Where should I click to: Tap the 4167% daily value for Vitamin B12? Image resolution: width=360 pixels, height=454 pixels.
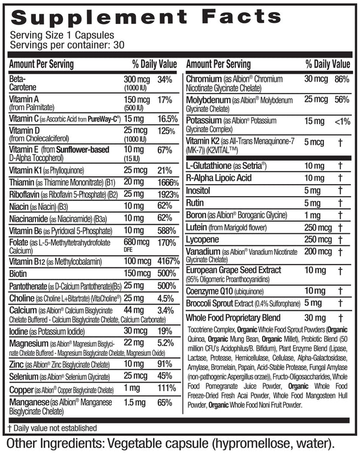click(169, 261)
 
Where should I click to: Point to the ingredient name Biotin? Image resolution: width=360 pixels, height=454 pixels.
click(20, 273)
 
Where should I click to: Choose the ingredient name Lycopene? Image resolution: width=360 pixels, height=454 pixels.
click(205, 239)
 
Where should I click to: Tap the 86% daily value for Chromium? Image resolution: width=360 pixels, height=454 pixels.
click(341, 79)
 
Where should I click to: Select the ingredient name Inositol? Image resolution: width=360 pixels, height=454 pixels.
click(202, 190)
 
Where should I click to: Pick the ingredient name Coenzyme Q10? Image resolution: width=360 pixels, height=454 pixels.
click(212, 291)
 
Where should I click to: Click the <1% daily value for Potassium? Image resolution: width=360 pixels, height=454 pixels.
click(341, 122)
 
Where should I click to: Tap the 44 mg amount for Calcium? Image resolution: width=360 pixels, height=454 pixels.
click(134, 311)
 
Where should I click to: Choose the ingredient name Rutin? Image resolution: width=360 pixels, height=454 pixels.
click(199, 203)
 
